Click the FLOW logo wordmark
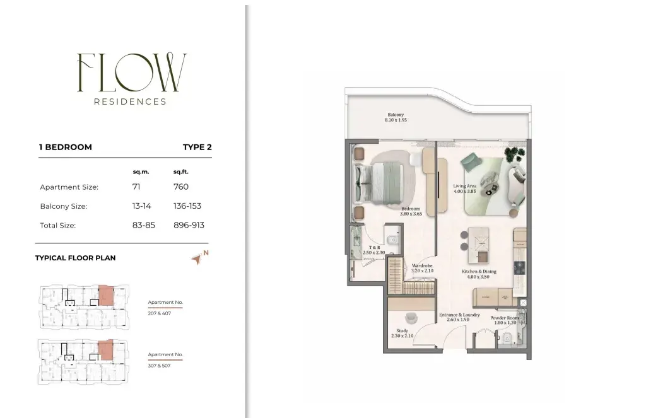pyautogui.click(x=132, y=72)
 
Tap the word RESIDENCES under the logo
pyautogui.click(x=130, y=102)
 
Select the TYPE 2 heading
pyautogui.click(x=197, y=147)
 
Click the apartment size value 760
pyautogui.click(x=181, y=187)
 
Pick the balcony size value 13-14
pyautogui.click(x=141, y=206)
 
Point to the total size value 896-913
pyautogui.click(x=189, y=225)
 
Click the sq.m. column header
pyautogui.click(x=141, y=172)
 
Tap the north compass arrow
pyautogui.click(x=197, y=259)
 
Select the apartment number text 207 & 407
pyautogui.click(x=160, y=313)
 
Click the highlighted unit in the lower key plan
pyautogui.click(x=105, y=350)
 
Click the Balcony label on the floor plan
pyautogui.click(x=396, y=115)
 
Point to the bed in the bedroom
pyautogui.click(x=379, y=183)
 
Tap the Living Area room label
pyautogui.click(x=465, y=186)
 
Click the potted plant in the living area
pyautogui.click(x=515, y=156)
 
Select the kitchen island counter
pyautogui.click(x=479, y=245)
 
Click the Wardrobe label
pyautogui.click(x=422, y=266)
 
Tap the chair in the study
pyautogui.click(x=411, y=318)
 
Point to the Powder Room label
pyautogui.click(x=505, y=318)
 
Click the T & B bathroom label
pyautogui.click(x=375, y=248)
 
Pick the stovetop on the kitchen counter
pyautogui.click(x=520, y=268)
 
